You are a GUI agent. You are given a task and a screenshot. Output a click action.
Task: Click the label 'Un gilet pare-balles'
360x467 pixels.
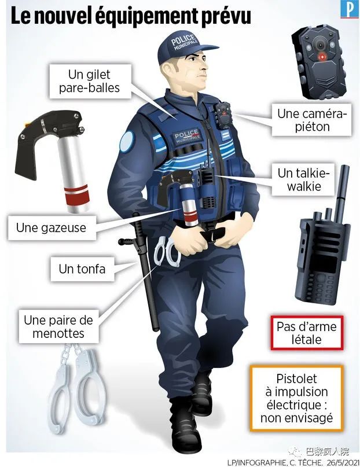pyautogui.click(x=90, y=81)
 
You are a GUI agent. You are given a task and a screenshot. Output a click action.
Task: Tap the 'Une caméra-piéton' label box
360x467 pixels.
pyautogui.click(x=311, y=120)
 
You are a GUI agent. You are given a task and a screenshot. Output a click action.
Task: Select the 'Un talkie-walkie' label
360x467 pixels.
pyautogui.click(x=303, y=179)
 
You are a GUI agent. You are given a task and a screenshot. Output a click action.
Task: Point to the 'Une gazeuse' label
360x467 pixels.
pyautogui.click(x=52, y=228)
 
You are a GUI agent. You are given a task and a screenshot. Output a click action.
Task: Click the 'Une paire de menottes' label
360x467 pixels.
pyautogui.click(x=58, y=327)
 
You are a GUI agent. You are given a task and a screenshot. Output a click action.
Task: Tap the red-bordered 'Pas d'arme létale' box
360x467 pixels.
pyautogui.click(x=307, y=333)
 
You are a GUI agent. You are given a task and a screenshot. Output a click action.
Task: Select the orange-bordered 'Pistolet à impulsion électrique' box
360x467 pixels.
pyautogui.click(x=296, y=398)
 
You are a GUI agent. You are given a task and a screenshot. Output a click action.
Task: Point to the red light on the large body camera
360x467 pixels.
pyautogui.click(x=322, y=56)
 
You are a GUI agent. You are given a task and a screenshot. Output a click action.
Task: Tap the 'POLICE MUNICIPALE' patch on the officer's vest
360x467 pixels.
pyautogui.click(x=188, y=136)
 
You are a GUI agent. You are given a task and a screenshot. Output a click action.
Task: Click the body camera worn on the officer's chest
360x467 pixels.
pyautogui.click(x=223, y=115)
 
